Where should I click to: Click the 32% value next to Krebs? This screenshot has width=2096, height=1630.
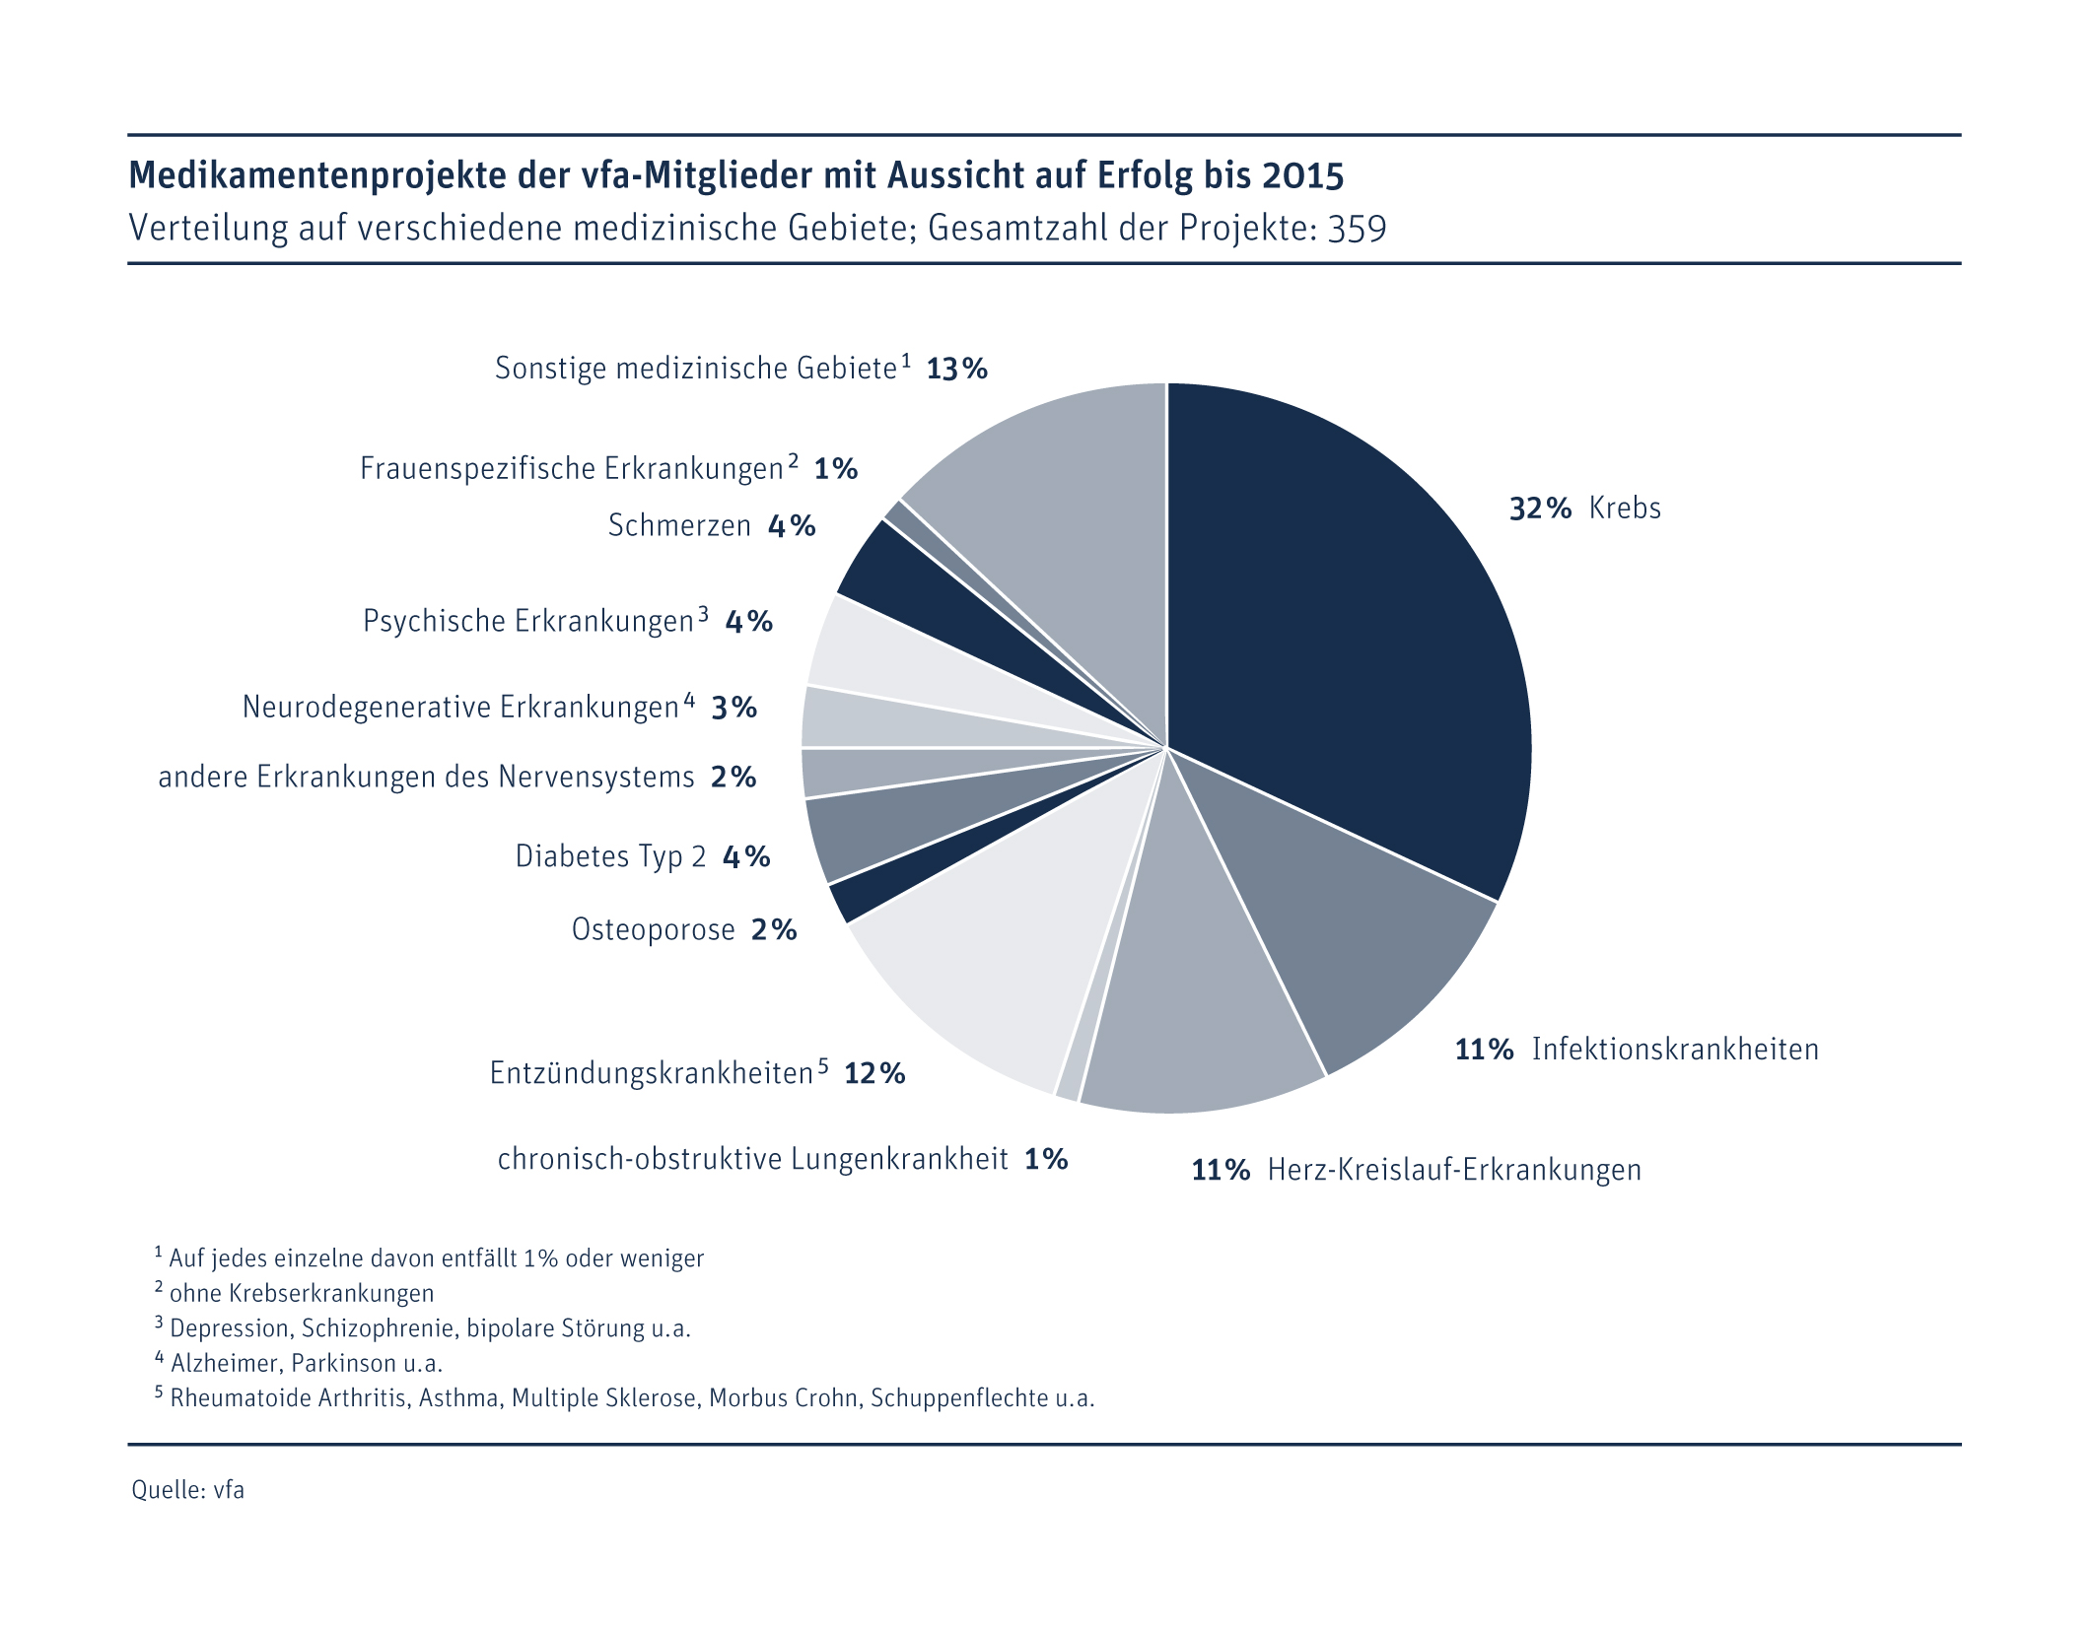(x=1540, y=509)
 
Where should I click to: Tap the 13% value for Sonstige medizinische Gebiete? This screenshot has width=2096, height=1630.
(x=956, y=370)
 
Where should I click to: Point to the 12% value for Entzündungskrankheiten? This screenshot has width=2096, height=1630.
(x=874, y=1073)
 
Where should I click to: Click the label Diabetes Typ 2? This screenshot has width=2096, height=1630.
(x=610, y=856)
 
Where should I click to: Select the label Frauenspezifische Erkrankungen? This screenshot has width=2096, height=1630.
(x=571, y=469)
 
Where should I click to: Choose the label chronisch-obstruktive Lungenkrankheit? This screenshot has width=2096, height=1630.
(x=752, y=1159)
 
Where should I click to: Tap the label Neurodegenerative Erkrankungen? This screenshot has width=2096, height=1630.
(x=460, y=708)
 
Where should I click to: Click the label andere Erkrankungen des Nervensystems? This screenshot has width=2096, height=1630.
(x=426, y=778)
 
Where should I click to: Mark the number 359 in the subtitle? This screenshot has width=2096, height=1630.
(x=1357, y=229)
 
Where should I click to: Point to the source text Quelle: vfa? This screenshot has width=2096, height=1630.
(x=188, y=1489)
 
